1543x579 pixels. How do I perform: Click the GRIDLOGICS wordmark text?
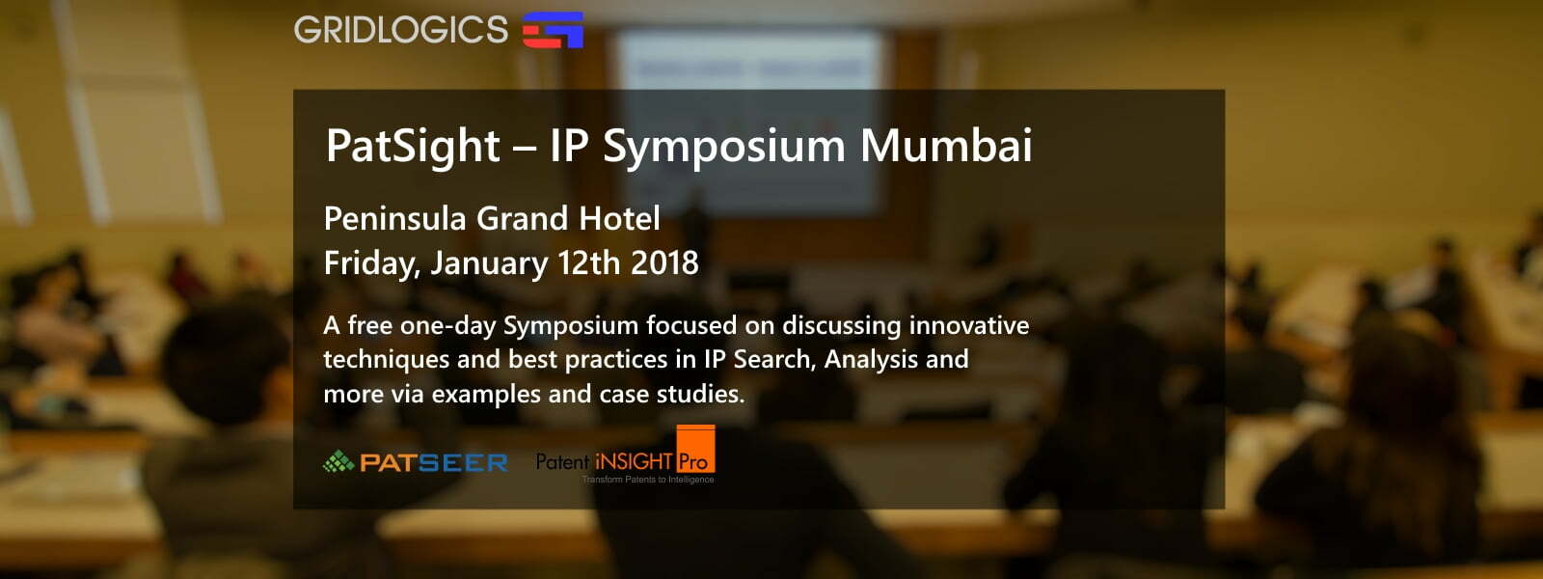(x=400, y=30)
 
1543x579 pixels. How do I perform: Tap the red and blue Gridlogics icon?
(x=553, y=30)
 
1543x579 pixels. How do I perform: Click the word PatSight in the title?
(x=413, y=147)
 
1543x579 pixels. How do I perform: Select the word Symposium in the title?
(x=723, y=147)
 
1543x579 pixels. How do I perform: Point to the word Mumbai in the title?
(x=946, y=145)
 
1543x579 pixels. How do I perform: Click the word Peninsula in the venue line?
(x=395, y=218)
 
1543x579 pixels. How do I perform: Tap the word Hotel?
(x=619, y=218)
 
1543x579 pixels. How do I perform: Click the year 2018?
(x=664, y=262)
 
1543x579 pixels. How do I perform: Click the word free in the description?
(x=370, y=324)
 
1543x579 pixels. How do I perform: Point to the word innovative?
(x=969, y=324)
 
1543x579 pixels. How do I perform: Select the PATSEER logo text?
(x=434, y=462)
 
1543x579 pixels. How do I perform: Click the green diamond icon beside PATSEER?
(x=338, y=461)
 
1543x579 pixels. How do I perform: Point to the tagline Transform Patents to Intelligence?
(x=647, y=479)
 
